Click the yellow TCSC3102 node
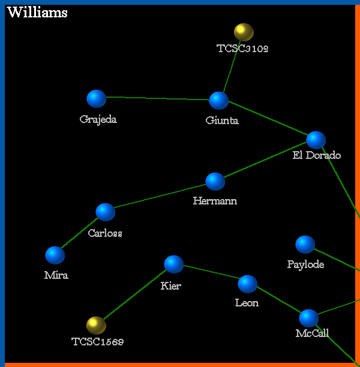(244, 32)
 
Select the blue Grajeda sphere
(97, 99)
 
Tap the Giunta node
(219, 100)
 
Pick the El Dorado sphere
(316, 140)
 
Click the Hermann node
(215, 181)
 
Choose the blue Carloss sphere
(106, 212)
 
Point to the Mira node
(55, 255)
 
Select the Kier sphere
(174, 264)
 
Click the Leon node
(248, 284)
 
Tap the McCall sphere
(309, 318)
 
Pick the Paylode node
(305, 244)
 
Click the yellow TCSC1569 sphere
(96, 325)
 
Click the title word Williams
(37, 13)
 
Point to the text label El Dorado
(317, 156)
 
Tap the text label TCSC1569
(98, 342)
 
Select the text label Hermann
(215, 201)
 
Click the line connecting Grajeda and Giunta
(158, 98)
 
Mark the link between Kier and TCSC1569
(135, 294)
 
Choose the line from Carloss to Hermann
(160, 197)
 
